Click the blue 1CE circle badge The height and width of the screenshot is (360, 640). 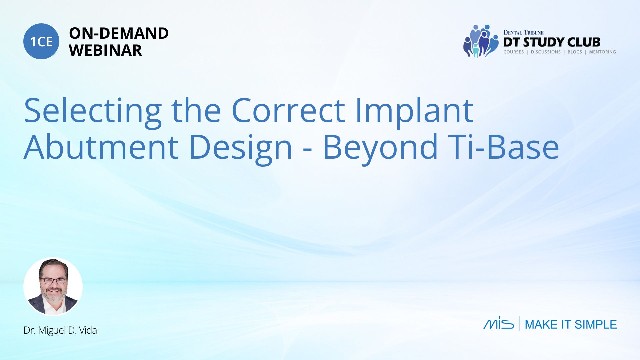point(41,41)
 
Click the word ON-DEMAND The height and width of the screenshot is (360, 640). point(119,33)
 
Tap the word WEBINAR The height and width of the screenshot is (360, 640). point(105,50)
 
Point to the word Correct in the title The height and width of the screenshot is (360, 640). point(288,111)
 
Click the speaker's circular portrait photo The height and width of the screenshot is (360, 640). point(53,286)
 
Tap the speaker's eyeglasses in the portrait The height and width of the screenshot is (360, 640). point(53,281)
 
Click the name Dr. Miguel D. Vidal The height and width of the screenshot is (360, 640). point(61,330)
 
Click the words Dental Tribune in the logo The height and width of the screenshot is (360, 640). point(523,33)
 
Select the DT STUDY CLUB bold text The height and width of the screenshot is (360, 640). point(552,42)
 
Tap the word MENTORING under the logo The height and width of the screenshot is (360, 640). point(602,52)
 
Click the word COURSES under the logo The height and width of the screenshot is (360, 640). point(513,52)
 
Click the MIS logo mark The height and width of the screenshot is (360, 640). point(499,323)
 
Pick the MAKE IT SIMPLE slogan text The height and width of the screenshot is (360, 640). point(571,324)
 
